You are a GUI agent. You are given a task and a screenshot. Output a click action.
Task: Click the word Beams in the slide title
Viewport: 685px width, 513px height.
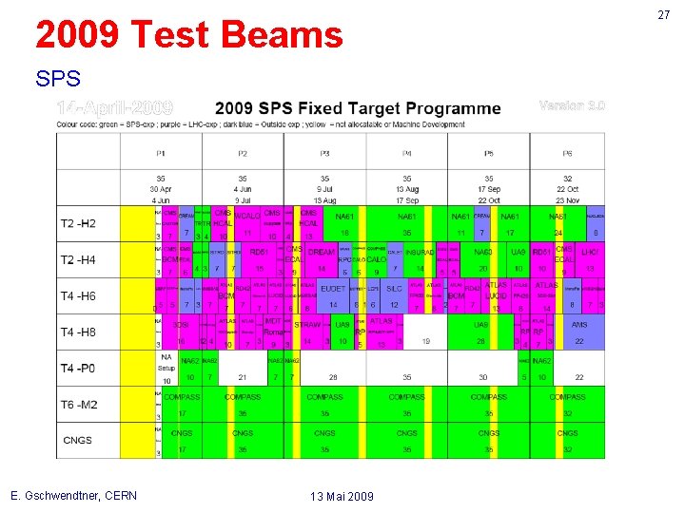(284, 35)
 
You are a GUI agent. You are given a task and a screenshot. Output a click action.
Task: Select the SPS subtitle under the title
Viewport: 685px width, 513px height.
(58, 77)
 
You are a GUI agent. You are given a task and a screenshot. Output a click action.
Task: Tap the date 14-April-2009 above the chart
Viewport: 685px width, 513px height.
(115, 105)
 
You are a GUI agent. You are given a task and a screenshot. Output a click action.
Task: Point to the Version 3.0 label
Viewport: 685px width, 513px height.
(572, 104)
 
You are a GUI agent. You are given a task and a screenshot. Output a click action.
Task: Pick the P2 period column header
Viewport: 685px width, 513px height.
(243, 153)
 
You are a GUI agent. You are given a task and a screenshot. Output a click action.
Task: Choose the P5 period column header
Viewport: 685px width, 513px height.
(489, 153)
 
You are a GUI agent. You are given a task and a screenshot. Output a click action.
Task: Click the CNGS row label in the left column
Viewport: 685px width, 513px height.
(77, 440)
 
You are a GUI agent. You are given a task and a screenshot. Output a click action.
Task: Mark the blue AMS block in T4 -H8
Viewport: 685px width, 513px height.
(579, 325)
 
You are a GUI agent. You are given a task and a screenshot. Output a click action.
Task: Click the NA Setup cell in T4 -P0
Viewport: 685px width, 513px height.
(166, 365)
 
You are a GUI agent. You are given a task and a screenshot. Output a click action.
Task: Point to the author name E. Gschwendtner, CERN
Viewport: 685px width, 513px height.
(73, 495)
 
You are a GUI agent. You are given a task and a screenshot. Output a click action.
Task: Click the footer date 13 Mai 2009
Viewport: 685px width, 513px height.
(342, 496)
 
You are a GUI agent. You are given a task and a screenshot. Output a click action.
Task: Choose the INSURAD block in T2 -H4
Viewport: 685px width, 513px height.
(420, 253)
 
